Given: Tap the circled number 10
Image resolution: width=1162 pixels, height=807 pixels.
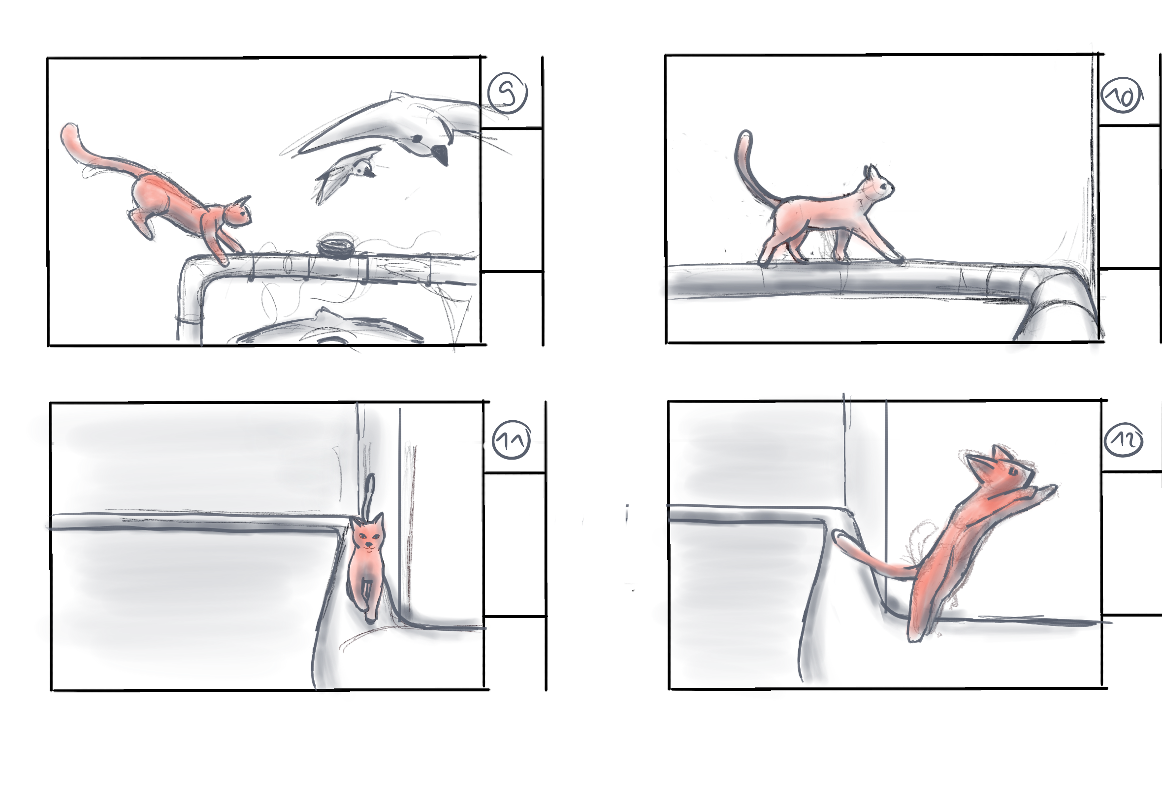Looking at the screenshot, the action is [1122, 95].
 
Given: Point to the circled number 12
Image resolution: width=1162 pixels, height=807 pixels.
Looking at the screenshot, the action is [1124, 440].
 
